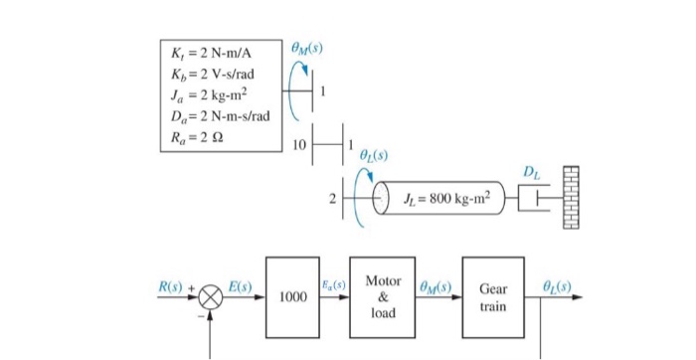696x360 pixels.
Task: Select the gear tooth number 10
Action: pos(299,146)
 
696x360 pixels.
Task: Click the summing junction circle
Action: pos(211,296)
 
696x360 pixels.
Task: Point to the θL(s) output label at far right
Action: pos(560,286)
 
